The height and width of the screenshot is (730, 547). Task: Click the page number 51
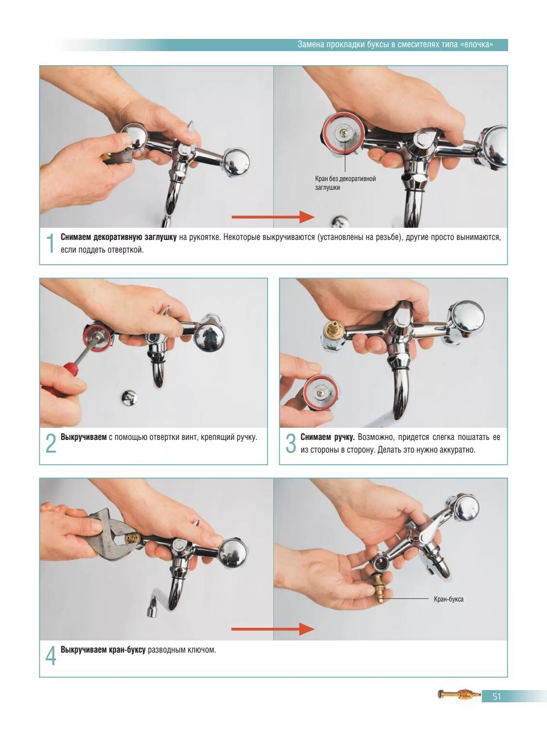tap(496, 696)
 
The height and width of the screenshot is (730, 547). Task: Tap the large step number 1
tap(50, 243)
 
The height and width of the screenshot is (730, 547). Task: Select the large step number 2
tap(51, 443)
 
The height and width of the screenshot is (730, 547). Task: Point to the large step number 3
tap(291, 443)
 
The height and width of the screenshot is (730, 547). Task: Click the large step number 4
tap(51, 656)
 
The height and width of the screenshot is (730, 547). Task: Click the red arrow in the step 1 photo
tap(273, 217)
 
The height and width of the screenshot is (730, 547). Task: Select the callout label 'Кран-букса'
tap(448, 599)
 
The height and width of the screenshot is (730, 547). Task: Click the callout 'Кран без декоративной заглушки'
tap(345, 183)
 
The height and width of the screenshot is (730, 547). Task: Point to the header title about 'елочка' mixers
tap(395, 45)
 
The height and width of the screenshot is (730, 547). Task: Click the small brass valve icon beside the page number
tap(459, 694)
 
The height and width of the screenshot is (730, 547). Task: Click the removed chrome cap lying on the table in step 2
tap(129, 398)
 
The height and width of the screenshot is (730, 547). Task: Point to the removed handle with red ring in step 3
tap(321, 392)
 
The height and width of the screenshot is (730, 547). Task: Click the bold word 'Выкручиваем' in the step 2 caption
tap(83, 437)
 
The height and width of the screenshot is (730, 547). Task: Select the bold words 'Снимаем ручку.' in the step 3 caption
tap(327, 437)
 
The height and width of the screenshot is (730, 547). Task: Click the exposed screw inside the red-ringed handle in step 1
tap(342, 133)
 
